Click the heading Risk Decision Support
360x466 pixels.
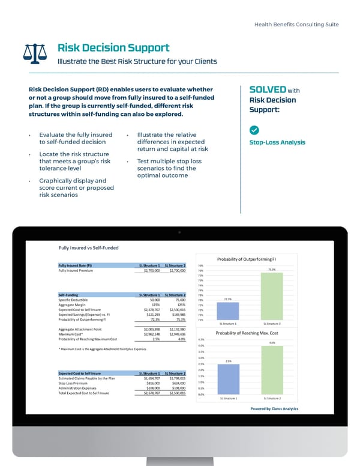point(113,47)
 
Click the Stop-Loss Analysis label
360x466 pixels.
point(277,142)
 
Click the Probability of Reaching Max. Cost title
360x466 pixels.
point(247,333)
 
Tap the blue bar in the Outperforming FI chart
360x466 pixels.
point(227,310)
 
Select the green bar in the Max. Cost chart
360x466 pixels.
point(272,370)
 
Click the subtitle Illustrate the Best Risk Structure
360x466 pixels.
point(137,61)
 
